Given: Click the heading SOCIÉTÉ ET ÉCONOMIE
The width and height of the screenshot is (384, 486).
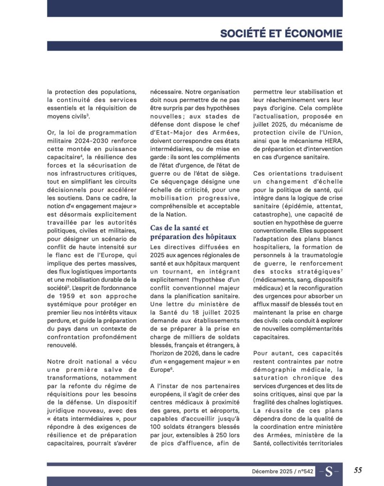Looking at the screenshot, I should pos(281,33).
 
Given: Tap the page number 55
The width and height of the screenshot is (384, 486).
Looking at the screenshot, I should pos(358,470).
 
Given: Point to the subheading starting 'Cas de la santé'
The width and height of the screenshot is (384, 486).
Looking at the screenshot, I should pos(179,232).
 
